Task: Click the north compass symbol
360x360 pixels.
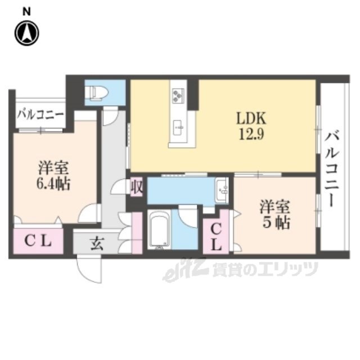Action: (x=27, y=33)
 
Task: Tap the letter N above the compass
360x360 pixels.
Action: (x=26, y=12)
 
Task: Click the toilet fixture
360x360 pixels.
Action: (x=99, y=92)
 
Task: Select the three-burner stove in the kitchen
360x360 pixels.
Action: (x=178, y=95)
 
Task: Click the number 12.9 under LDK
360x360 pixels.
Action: (x=251, y=134)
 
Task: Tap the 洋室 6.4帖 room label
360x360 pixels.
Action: (x=53, y=176)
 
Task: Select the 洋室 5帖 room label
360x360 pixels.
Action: (x=275, y=214)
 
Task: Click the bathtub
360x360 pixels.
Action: (x=159, y=229)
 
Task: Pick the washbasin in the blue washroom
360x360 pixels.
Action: (x=222, y=190)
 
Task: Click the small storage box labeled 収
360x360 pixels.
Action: (x=137, y=187)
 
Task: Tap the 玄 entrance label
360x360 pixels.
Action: (x=97, y=243)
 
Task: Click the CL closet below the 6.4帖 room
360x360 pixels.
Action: (x=38, y=241)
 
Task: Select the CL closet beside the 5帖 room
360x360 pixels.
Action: (x=216, y=237)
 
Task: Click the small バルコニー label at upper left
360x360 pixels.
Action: (x=41, y=114)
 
